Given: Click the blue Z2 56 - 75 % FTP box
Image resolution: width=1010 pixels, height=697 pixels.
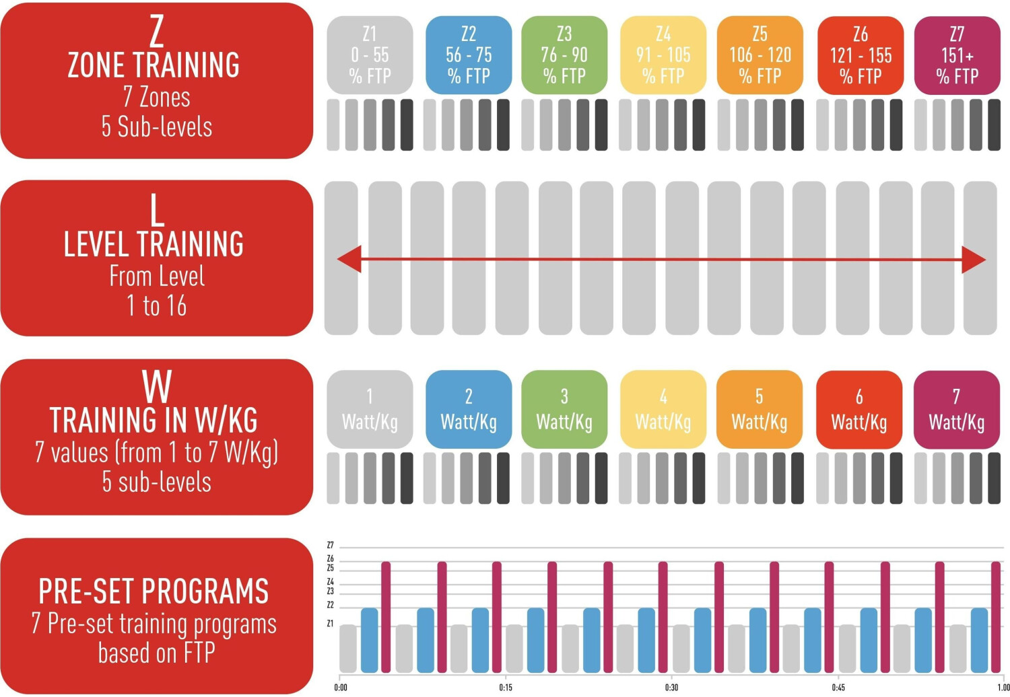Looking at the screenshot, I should [469, 55].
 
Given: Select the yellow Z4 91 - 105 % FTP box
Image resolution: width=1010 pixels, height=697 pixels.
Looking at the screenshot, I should [663, 55].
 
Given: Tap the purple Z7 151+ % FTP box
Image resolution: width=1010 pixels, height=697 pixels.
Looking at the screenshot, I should [957, 55].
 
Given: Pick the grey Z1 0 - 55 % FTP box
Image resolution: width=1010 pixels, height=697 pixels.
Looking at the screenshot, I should [370, 55].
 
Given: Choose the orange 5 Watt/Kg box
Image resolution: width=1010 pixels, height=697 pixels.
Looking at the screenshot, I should [759, 409].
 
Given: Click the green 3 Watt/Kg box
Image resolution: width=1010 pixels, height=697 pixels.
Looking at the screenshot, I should [564, 409].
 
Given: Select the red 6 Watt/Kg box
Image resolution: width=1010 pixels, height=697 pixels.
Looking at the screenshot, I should [858, 410].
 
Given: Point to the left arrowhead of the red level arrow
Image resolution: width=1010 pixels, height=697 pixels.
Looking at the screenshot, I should [349, 259].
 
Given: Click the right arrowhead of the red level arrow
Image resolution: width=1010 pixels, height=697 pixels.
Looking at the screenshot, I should [974, 260].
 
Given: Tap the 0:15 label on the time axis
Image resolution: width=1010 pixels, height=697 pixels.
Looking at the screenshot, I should [506, 688].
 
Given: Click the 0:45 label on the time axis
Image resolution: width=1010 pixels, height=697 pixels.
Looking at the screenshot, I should [838, 688].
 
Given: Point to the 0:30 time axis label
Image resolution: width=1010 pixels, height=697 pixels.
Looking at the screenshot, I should [671, 688].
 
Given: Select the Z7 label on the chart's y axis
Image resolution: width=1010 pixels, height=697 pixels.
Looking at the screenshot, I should [330, 545].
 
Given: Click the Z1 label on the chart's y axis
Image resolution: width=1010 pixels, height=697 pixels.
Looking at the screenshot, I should [330, 624].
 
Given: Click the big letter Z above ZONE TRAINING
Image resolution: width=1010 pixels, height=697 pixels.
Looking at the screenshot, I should [156, 31].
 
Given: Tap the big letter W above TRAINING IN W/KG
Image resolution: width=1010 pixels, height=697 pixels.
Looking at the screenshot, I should [157, 387].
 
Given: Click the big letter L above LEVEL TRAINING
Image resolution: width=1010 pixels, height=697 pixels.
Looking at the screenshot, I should [157, 210].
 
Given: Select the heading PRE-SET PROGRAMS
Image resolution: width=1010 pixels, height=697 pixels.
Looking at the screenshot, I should [154, 591].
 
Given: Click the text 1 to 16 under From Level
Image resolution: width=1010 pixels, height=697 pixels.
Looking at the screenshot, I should [156, 305].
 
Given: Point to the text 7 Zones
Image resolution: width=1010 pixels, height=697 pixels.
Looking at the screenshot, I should [156, 98].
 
